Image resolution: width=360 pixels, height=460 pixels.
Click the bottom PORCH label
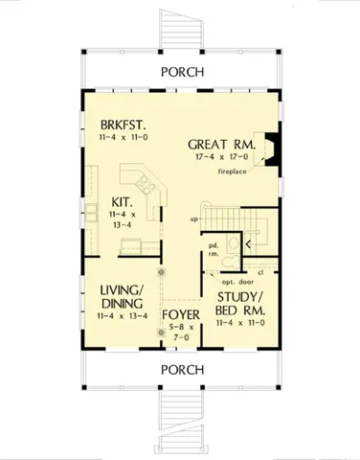click(x=179, y=369)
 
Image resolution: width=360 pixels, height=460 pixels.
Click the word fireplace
click(x=233, y=172)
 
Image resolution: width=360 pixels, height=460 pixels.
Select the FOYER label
click(x=179, y=312)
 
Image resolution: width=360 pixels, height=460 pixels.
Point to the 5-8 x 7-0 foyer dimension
click(x=179, y=333)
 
